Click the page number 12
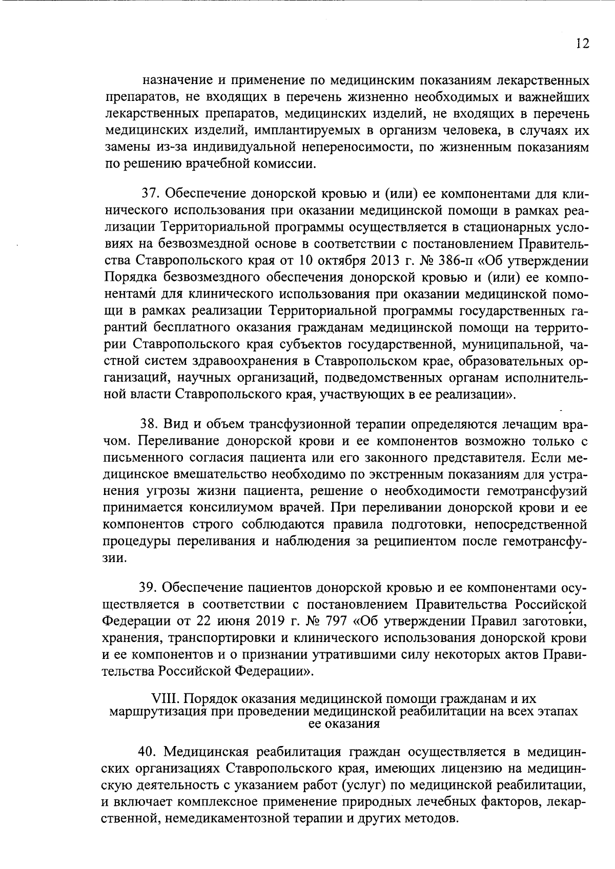click(x=582, y=43)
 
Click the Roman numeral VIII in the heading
click(x=166, y=698)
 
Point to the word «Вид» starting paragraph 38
click(x=174, y=425)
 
